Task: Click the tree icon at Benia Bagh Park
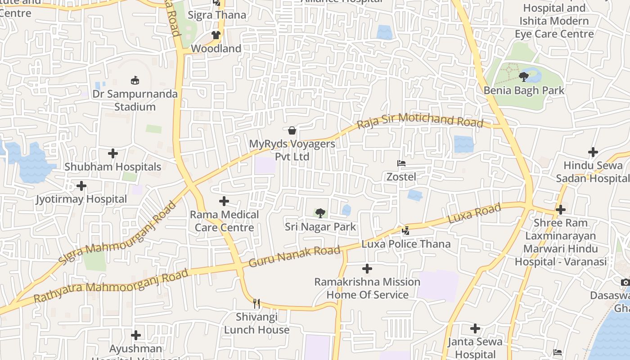(x=524, y=77)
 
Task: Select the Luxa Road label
(x=474, y=214)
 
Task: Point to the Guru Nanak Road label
(x=294, y=256)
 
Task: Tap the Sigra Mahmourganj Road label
(x=117, y=233)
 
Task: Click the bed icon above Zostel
(x=401, y=163)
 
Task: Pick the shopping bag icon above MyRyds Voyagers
(x=292, y=130)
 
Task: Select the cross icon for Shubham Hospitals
(x=112, y=153)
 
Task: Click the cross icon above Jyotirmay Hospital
(x=81, y=185)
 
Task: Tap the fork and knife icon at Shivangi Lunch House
(x=256, y=303)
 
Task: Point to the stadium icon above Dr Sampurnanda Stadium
(x=135, y=81)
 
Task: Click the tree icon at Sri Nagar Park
(x=320, y=213)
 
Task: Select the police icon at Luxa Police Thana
(x=405, y=230)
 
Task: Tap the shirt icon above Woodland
(x=216, y=35)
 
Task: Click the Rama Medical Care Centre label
(x=224, y=221)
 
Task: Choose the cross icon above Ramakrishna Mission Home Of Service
(x=367, y=269)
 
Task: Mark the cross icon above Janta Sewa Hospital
(x=475, y=328)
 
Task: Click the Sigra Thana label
(x=217, y=15)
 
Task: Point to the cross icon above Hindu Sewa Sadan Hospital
(x=593, y=152)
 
